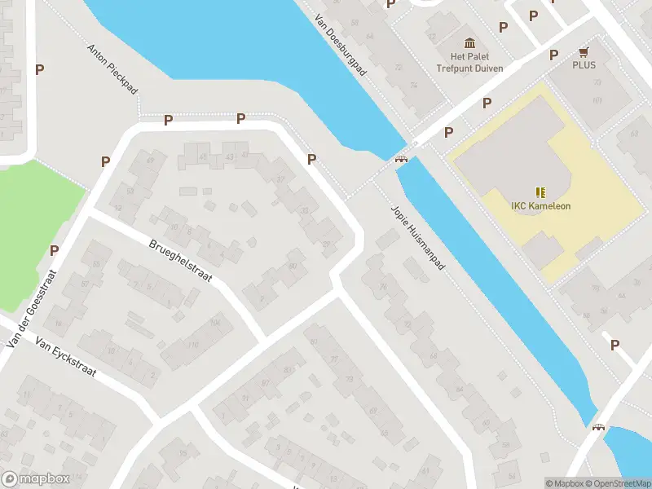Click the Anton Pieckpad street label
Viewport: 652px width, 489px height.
coord(112,68)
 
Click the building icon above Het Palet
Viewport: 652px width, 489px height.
coord(469,42)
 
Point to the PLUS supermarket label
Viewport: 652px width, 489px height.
coord(584,64)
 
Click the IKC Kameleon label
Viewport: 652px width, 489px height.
coord(540,206)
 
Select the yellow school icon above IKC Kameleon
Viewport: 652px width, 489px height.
coord(540,192)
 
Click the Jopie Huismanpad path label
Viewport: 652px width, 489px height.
coord(418,238)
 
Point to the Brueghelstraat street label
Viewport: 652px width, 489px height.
coord(180,260)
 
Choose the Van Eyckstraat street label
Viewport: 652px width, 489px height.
coord(64,360)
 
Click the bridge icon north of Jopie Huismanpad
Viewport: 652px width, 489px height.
coord(401,158)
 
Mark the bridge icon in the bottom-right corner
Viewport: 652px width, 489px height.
coord(600,429)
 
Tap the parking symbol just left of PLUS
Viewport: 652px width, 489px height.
coord(553,55)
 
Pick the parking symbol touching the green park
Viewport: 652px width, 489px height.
coord(54,250)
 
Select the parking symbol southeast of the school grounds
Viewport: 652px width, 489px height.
coord(615,346)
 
